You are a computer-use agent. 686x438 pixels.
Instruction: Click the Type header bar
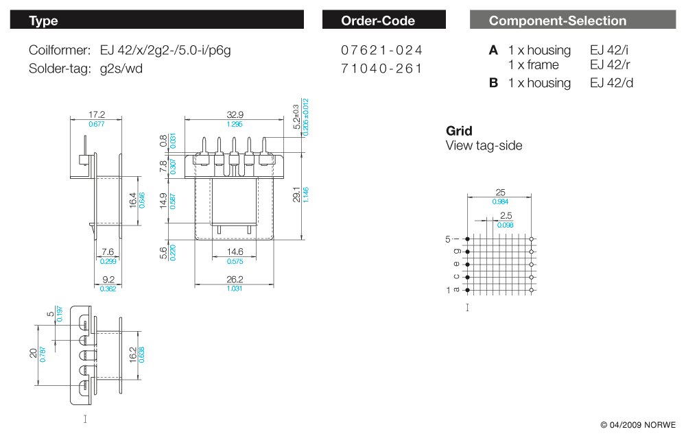coord(156,21)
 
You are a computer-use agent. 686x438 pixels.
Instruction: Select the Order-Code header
coord(383,21)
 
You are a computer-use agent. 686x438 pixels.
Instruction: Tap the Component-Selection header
coord(572,21)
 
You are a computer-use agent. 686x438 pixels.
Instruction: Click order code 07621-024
coord(381,50)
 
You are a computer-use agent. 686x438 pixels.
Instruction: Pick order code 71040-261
coord(381,68)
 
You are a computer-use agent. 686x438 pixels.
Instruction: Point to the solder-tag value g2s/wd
coord(121,68)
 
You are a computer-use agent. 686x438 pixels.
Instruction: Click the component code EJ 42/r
coord(611,65)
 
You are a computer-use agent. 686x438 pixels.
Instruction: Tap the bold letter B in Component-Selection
coord(493,83)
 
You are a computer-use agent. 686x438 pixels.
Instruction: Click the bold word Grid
coord(459,131)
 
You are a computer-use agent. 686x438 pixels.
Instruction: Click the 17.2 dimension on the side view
coord(97,114)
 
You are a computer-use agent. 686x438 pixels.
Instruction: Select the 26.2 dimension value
coord(235,279)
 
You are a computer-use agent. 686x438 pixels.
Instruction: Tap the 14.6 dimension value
coord(235,252)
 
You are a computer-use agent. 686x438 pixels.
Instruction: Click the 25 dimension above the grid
coord(500,193)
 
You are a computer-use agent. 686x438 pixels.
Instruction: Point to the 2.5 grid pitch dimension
coord(506,216)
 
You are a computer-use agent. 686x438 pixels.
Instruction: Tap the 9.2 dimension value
coord(108,279)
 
